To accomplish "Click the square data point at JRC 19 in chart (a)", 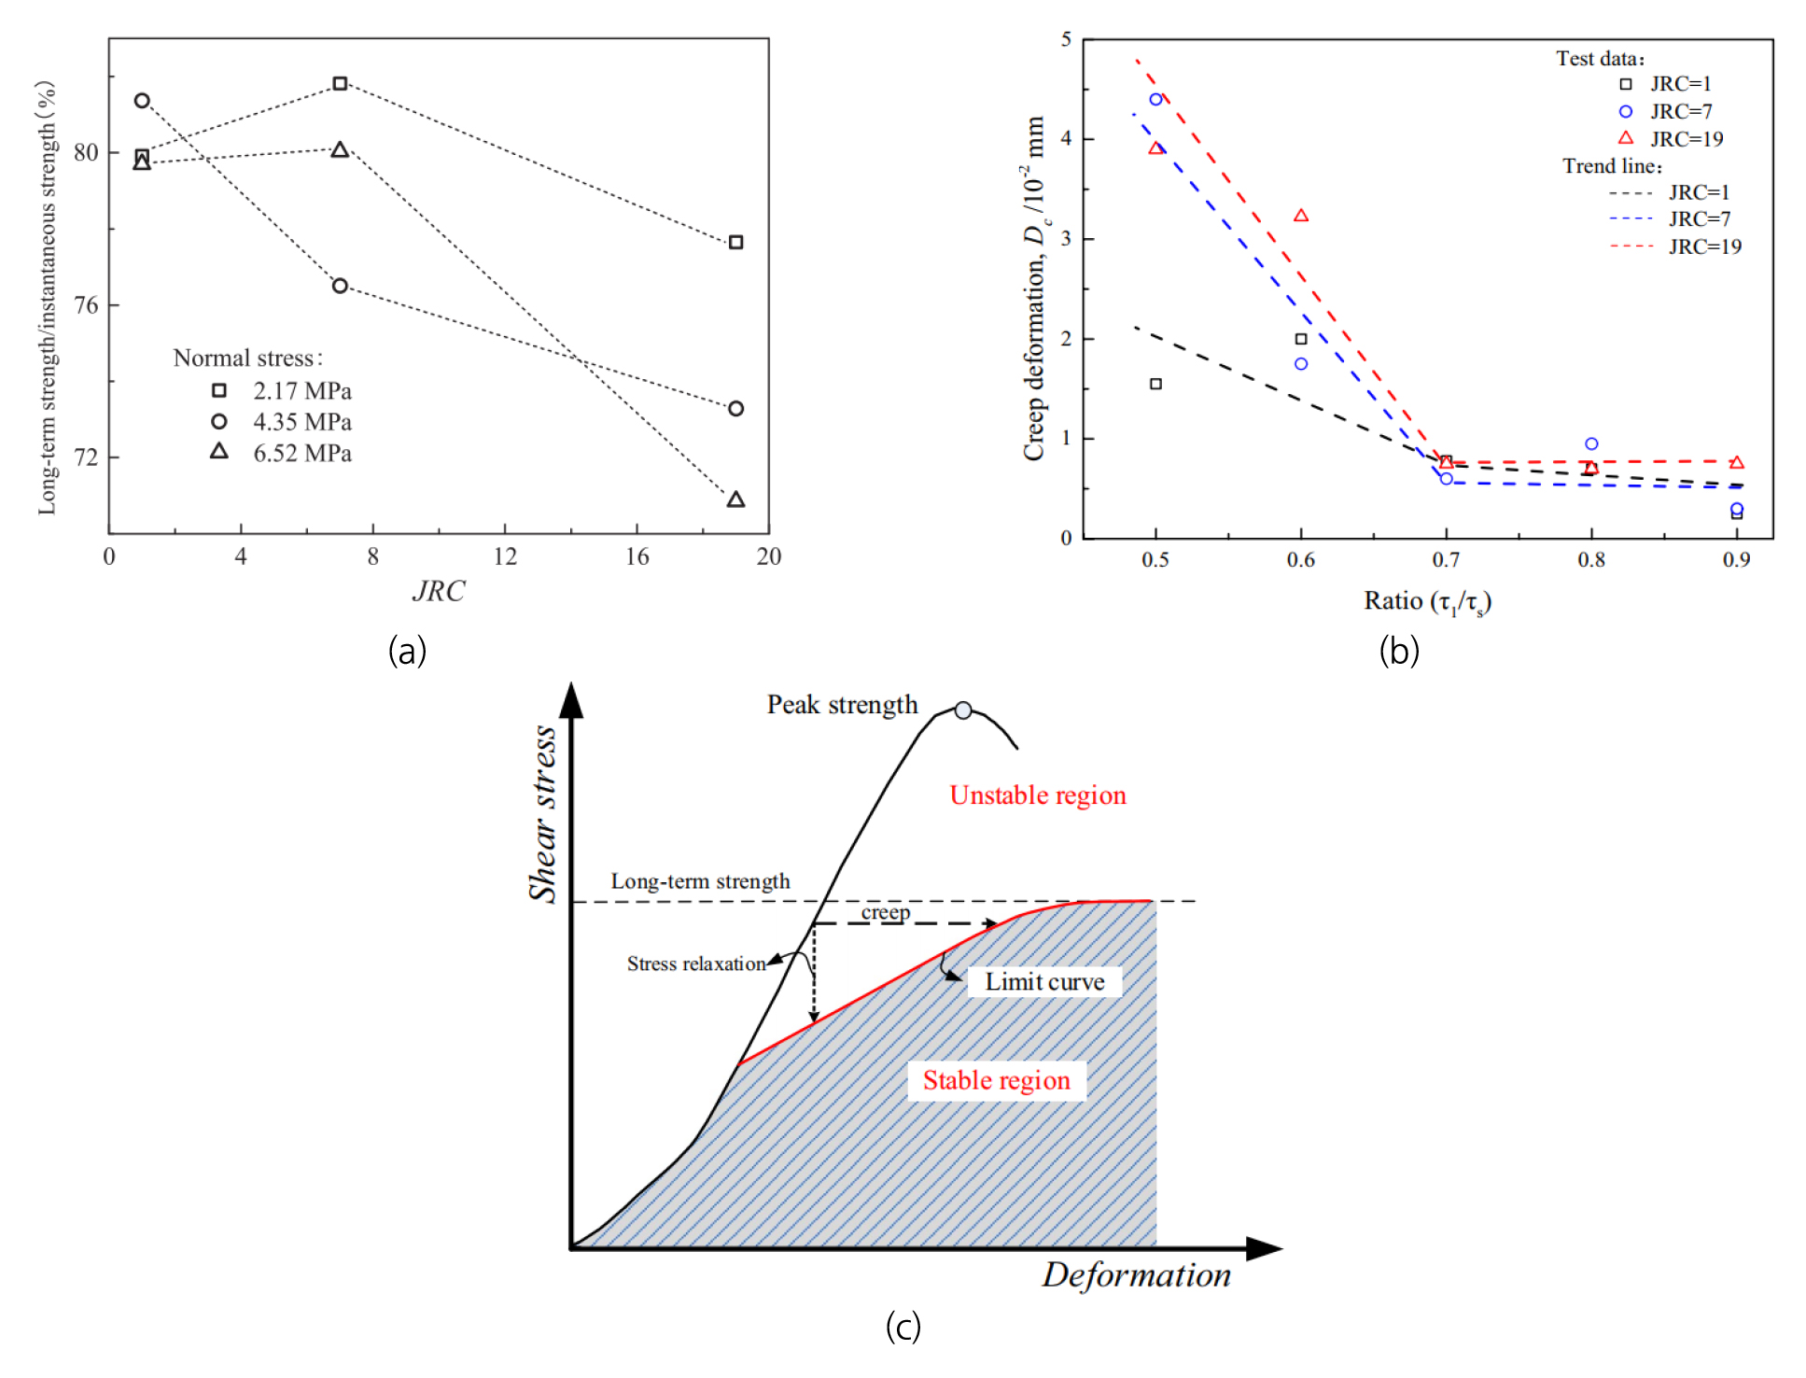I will pos(735,243).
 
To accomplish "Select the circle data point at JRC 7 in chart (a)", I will pos(340,286).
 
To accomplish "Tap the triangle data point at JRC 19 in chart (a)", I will pos(735,500).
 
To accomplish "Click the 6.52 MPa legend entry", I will pos(301,454).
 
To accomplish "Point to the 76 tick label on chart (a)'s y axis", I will pos(86,305).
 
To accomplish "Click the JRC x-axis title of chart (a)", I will pos(438,591).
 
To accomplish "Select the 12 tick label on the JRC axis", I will pos(505,557).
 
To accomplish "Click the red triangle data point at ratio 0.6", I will pos(1301,216).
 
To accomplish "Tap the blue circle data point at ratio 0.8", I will pos(1591,443).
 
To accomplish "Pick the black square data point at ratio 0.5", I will pos(1155,384).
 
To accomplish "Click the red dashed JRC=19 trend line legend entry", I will pos(1675,246).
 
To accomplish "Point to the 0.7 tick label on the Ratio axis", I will pos(1446,560).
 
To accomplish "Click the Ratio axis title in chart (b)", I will pos(1427,601).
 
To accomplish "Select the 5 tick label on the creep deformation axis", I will pos(1066,39).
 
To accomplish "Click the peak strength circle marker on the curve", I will pos(963,710).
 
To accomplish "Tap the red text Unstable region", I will pos(1038,795).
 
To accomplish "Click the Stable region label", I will pos(996,1081).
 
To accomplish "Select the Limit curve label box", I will pos(1044,982).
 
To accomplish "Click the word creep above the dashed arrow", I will pos(885,912).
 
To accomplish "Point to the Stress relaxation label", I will pos(695,964).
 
